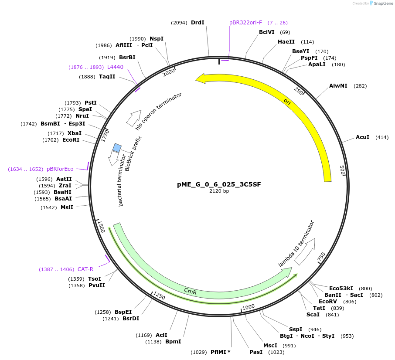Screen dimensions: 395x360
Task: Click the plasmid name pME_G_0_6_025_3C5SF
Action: coord(219,184)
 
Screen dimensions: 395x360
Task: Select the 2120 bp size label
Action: coord(219,191)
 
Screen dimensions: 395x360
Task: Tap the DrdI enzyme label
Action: coord(197,23)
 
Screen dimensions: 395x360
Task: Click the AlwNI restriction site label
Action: coord(338,86)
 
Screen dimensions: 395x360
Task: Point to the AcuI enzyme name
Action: coord(362,137)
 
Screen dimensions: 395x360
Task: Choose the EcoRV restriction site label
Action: coord(328,302)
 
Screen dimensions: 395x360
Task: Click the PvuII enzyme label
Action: coord(97,285)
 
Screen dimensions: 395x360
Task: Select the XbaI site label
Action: coord(75,133)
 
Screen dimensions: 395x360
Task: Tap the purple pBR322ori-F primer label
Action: coord(246,23)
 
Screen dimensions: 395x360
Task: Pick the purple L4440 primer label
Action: coord(115,67)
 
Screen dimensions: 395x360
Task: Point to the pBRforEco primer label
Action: coord(60,169)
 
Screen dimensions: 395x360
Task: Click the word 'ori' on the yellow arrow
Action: coord(287,102)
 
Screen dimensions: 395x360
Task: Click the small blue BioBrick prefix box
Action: coord(117,148)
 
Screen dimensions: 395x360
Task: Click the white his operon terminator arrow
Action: coord(134,118)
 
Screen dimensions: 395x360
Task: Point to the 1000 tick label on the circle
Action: coord(249,307)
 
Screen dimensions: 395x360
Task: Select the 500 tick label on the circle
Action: coord(342,170)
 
